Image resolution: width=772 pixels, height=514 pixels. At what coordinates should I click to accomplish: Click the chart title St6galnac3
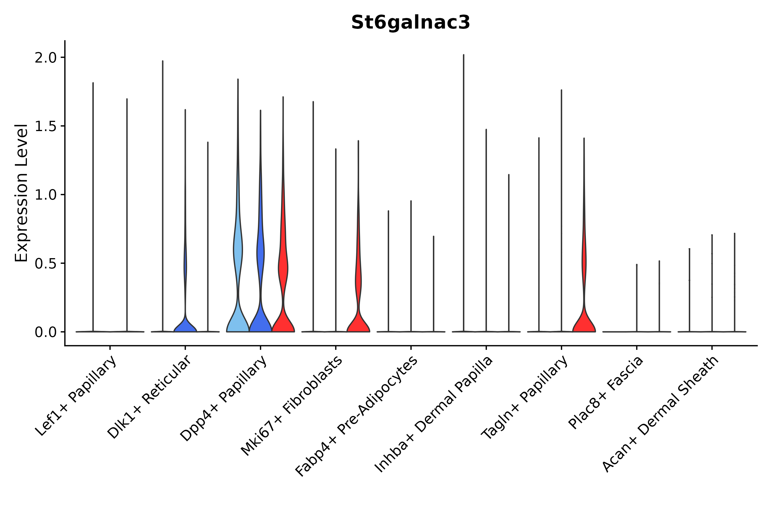point(410,23)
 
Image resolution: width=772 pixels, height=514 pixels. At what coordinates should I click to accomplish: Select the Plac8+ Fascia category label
point(606,392)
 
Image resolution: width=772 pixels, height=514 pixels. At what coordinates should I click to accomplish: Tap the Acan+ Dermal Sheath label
point(660,414)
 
